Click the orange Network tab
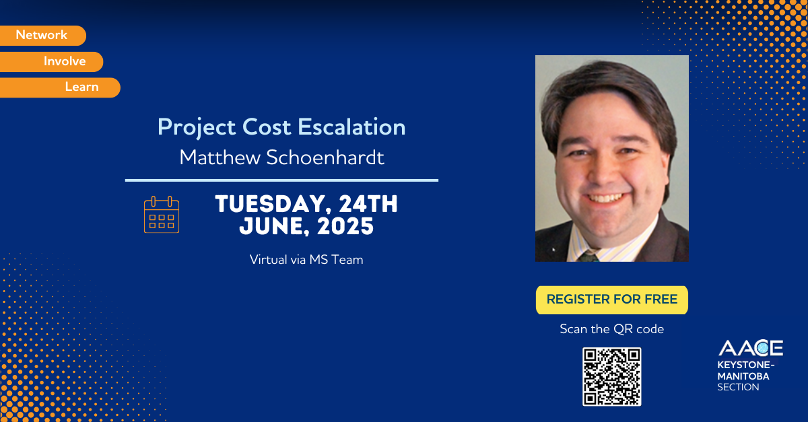tap(42, 35)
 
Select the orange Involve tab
tap(65, 61)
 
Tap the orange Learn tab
tap(81, 87)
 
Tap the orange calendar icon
tap(162, 215)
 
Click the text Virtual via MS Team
tap(306, 259)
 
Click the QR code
tap(611, 377)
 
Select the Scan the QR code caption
tap(611, 329)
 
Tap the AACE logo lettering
tap(750, 348)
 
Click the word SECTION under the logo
tap(738, 387)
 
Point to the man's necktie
tap(588, 255)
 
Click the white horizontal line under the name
tap(281, 180)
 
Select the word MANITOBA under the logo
tap(743, 376)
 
